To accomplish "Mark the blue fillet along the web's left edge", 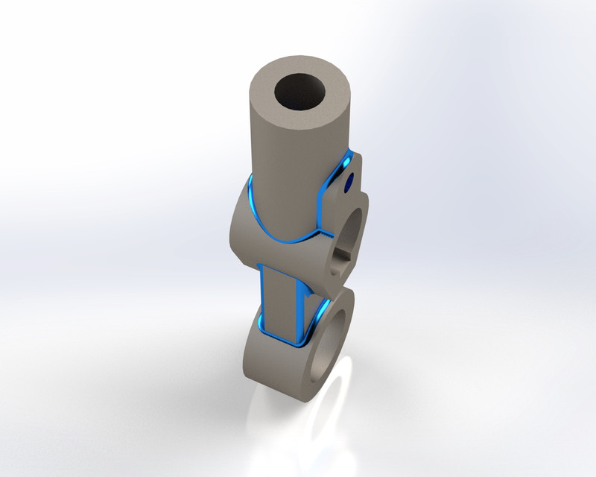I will (261, 298).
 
